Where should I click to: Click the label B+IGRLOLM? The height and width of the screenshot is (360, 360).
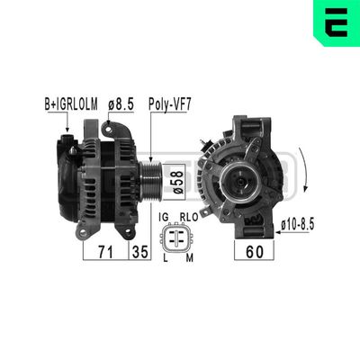pyautogui.click(x=71, y=104)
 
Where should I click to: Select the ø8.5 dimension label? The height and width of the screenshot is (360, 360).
pyautogui.click(x=121, y=104)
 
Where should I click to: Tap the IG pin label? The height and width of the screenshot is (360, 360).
pyautogui.click(x=164, y=218)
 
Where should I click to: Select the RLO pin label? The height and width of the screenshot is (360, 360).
pyautogui.click(x=189, y=218)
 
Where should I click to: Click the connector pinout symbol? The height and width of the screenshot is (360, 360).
pyautogui.click(x=176, y=239)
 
